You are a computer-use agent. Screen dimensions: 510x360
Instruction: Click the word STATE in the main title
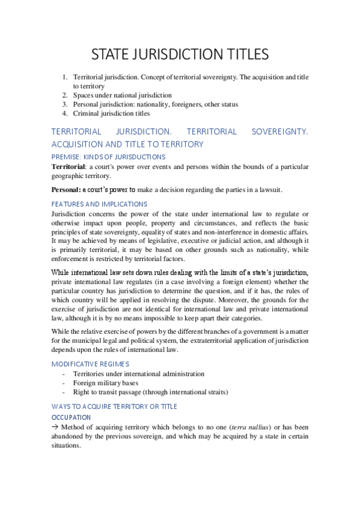(110, 55)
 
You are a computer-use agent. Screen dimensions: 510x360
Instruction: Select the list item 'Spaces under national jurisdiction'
(122, 95)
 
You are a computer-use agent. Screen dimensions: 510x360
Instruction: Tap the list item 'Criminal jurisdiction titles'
(111, 113)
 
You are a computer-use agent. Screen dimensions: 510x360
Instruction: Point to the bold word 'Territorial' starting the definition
(69, 166)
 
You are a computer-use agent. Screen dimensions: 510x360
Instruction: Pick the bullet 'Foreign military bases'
(106, 382)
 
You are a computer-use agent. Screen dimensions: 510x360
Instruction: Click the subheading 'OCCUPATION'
(71, 417)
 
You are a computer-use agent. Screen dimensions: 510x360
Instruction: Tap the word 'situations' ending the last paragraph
(68, 446)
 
